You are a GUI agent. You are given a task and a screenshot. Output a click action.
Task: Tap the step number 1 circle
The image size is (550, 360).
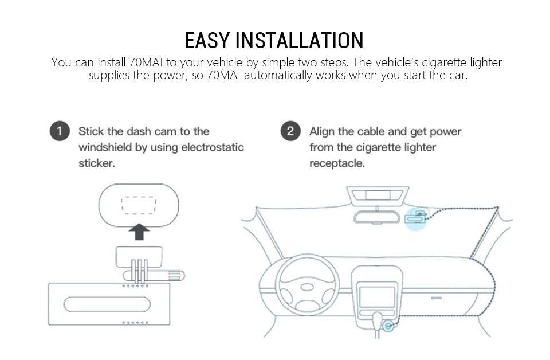click(60, 131)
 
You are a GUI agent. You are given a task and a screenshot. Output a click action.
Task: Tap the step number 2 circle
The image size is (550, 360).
click(290, 131)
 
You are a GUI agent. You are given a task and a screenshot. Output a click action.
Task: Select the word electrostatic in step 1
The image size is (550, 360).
click(213, 147)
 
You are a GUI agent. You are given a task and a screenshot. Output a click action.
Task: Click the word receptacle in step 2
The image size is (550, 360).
click(337, 163)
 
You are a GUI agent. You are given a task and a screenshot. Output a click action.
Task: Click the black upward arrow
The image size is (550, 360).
click(139, 232)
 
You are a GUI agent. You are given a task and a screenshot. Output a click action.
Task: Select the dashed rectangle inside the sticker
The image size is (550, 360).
click(139, 205)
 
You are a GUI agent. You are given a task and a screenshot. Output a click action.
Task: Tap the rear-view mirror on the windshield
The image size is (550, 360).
click(375, 216)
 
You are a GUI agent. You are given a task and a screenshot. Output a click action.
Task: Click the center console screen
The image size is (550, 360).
click(376, 296)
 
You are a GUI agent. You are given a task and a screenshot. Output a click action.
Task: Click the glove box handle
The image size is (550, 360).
click(437, 298)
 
